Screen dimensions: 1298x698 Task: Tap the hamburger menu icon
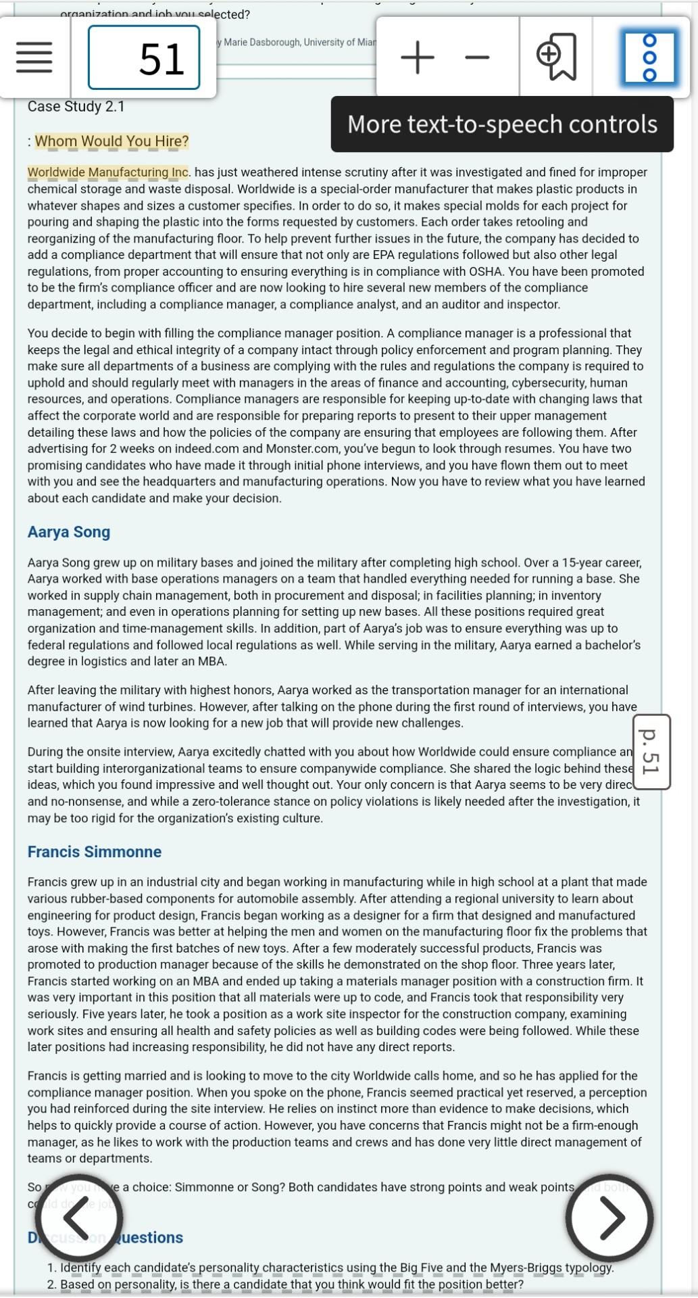pyautogui.click(x=34, y=58)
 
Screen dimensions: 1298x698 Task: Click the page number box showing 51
pyautogui.click(x=144, y=58)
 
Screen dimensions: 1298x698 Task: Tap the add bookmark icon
pyautogui.click(x=556, y=57)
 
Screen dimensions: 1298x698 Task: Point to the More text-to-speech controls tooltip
pyautogui.click(x=502, y=124)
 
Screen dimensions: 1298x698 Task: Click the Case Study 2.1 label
pyautogui.click(x=76, y=107)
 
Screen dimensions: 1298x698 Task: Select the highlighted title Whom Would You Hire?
pyautogui.click(x=111, y=141)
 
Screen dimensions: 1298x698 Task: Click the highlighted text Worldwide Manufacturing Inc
pyautogui.click(x=108, y=172)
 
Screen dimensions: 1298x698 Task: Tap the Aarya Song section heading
pyautogui.click(x=69, y=532)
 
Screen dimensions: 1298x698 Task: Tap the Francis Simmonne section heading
pyautogui.click(x=95, y=852)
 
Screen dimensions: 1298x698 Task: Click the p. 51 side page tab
pyautogui.click(x=649, y=752)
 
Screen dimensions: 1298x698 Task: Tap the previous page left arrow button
pyautogui.click(x=79, y=1218)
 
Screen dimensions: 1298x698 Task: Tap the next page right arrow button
pyautogui.click(x=610, y=1218)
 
